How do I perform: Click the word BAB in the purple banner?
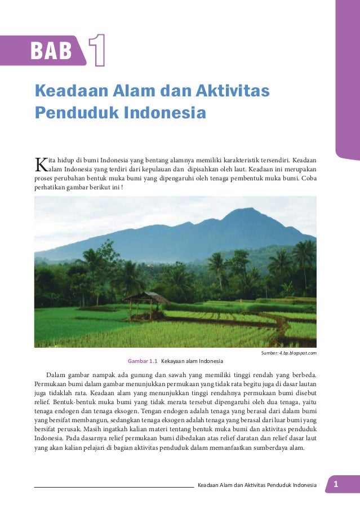tap(51, 51)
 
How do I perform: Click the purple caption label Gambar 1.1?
tap(143, 361)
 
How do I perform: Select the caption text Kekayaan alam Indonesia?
tap(192, 361)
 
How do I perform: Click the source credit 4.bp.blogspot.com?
tap(298, 353)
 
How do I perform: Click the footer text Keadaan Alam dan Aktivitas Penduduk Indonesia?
tap(257, 485)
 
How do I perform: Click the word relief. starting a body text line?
tap(44, 404)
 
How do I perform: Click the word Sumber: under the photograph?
tap(270, 353)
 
